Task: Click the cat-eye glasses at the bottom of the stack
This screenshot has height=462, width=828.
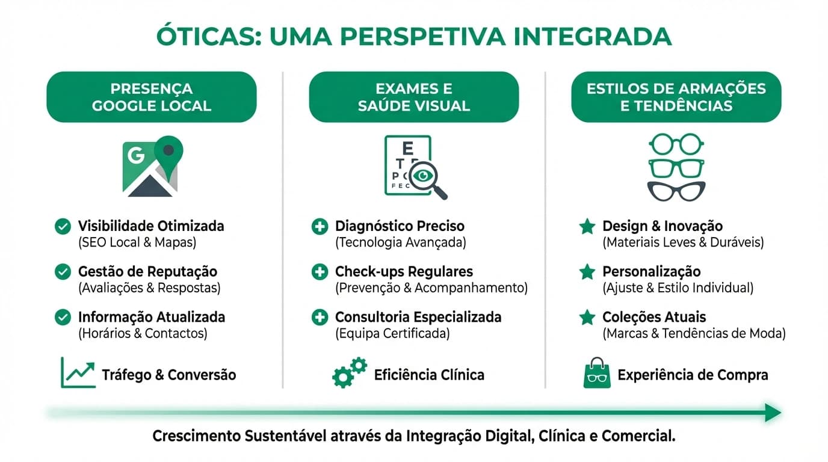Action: click(x=676, y=191)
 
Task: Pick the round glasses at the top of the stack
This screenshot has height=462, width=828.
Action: click(x=676, y=144)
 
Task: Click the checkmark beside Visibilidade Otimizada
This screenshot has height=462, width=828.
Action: click(x=63, y=227)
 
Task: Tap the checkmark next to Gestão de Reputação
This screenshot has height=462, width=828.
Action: click(x=63, y=272)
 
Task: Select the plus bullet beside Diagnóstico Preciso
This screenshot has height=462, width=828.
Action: click(x=320, y=227)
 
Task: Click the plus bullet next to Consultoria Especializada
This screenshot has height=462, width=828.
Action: click(x=320, y=317)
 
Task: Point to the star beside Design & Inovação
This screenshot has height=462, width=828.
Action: click(x=587, y=227)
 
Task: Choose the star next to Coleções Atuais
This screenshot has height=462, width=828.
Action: click(x=587, y=317)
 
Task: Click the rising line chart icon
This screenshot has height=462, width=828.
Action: click(x=78, y=372)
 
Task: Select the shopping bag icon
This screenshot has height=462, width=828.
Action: click(x=596, y=373)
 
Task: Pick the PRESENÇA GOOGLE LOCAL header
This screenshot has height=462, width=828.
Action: click(x=152, y=97)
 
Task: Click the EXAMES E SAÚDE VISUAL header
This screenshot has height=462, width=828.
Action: click(x=414, y=97)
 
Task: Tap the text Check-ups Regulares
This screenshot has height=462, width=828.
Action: click(x=404, y=272)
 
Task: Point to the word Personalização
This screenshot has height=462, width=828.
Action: click(x=652, y=272)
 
